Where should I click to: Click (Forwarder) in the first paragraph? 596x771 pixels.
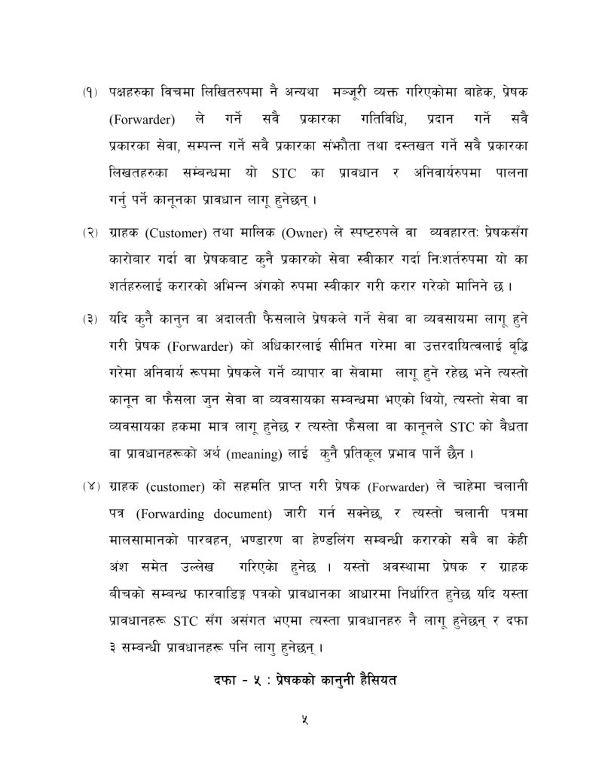(142, 120)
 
